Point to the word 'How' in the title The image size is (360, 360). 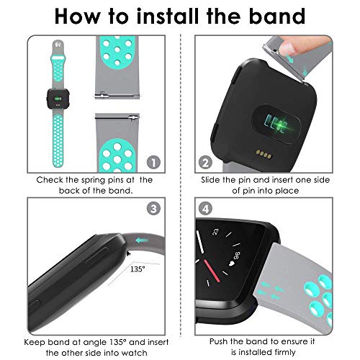pos(81,16)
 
